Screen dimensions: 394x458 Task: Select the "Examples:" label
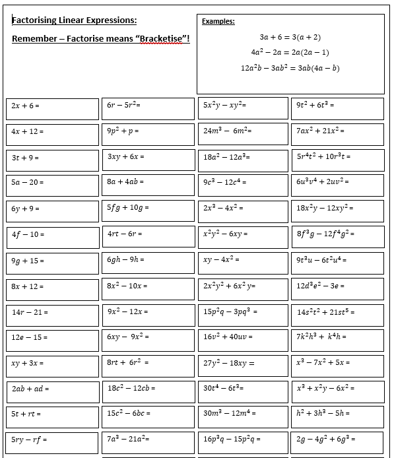click(218, 21)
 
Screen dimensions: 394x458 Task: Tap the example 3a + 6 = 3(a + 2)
click(290, 38)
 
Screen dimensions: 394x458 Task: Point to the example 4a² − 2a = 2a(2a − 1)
click(290, 52)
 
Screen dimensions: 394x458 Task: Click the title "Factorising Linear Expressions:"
click(75, 20)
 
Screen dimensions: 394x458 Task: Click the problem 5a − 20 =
click(28, 182)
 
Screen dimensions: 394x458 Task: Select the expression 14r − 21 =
click(30, 311)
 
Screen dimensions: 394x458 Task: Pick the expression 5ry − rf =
click(29, 439)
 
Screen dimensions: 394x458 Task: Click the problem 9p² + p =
click(123, 131)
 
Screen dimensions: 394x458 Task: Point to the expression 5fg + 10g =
click(129, 207)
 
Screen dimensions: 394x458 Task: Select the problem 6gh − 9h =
click(127, 259)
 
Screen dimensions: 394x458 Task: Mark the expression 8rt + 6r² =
click(128, 362)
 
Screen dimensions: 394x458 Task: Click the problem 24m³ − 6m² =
click(228, 131)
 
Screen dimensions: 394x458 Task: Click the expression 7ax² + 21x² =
click(321, 131)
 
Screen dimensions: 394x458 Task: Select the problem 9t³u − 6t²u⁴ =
click(322, 259)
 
